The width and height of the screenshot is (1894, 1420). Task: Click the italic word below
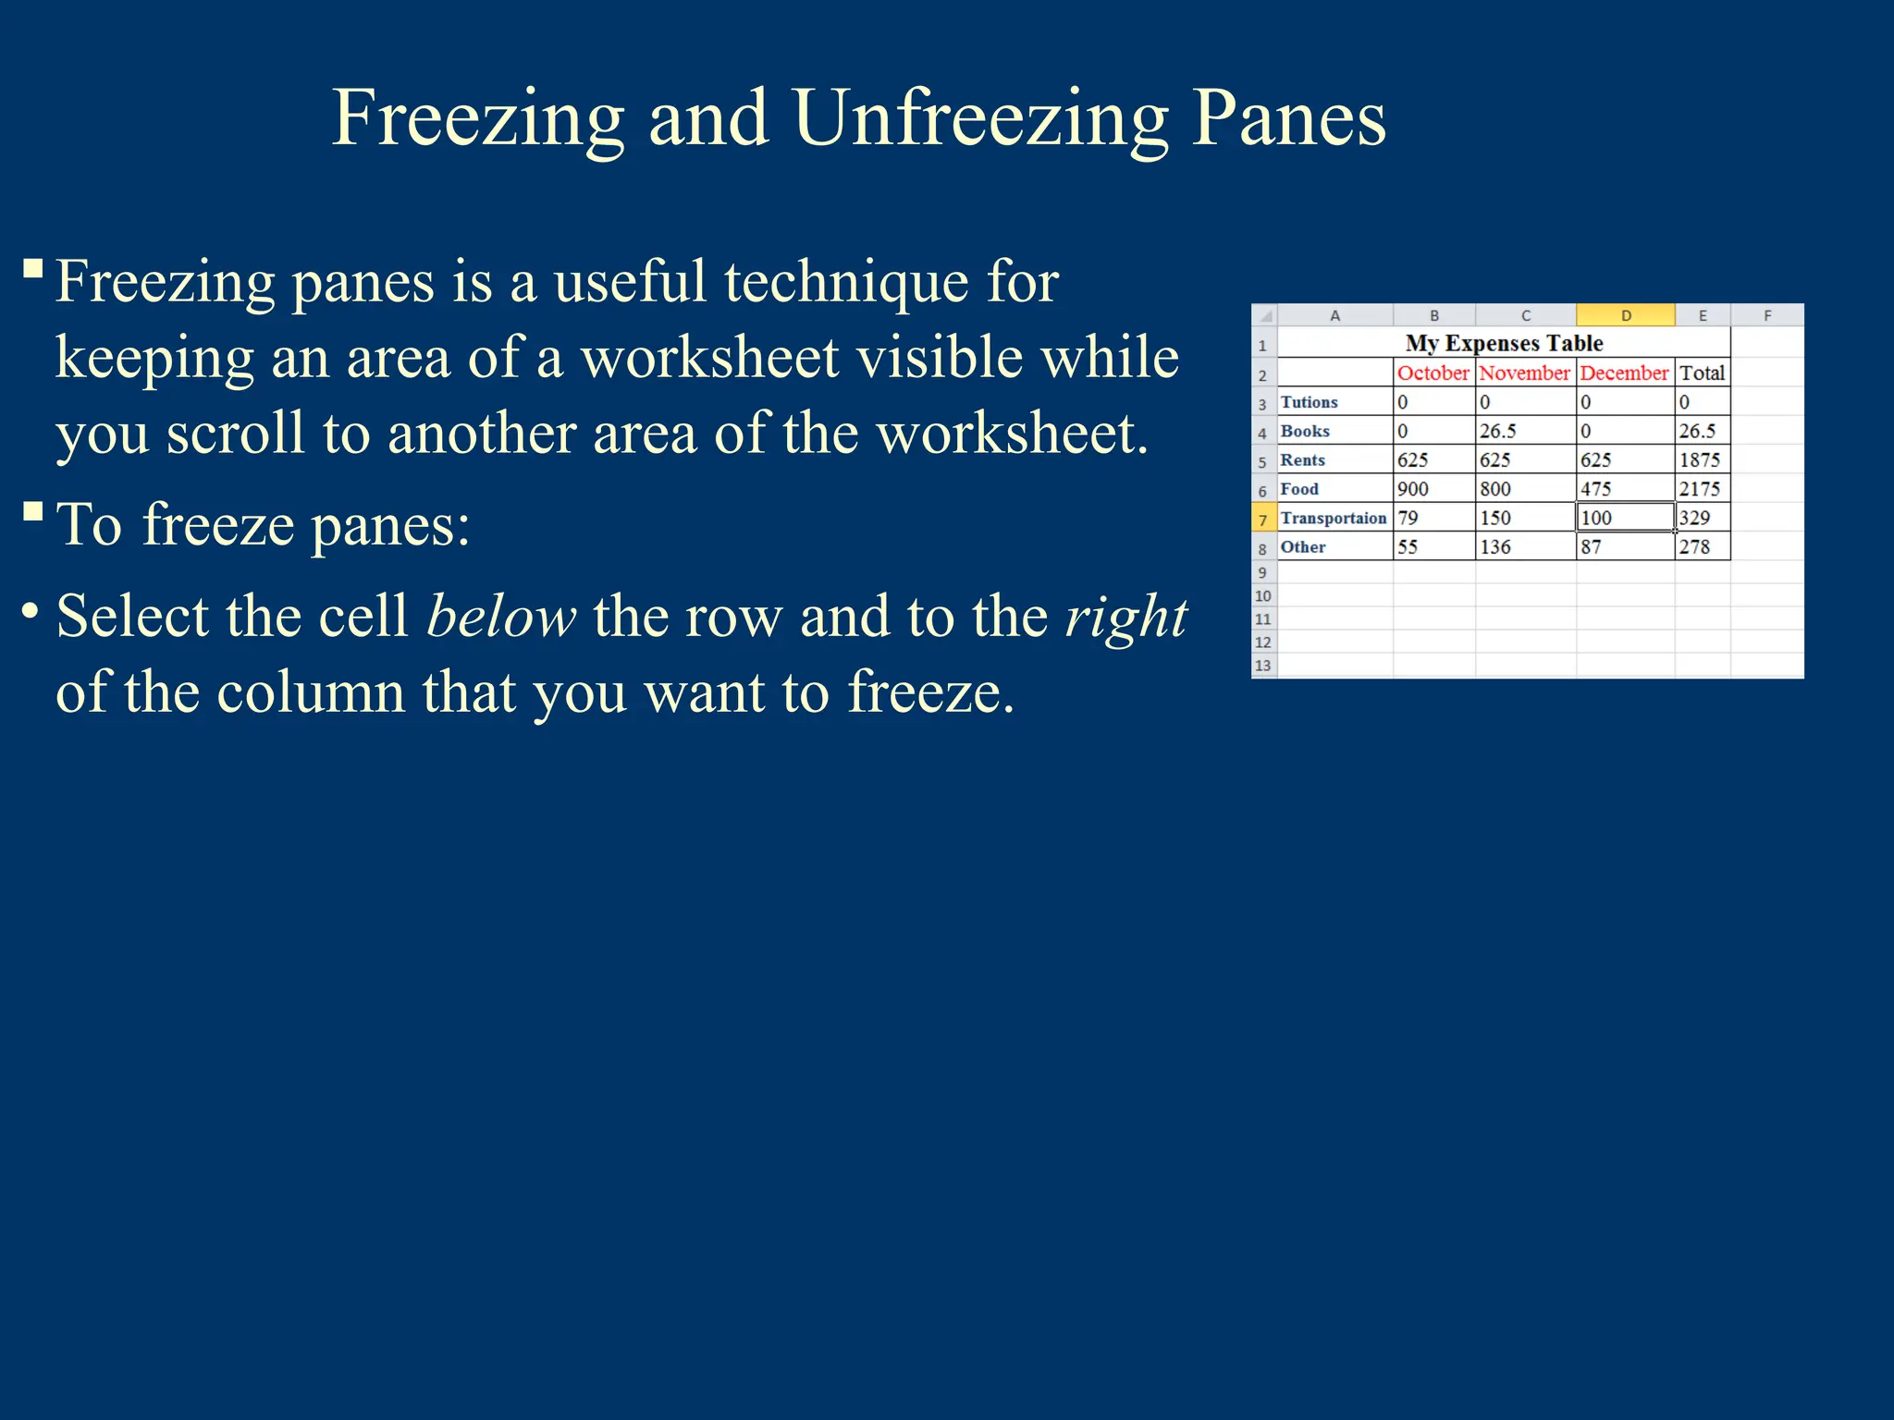point(501,617)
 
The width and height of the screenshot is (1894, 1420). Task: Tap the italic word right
point(1125,617)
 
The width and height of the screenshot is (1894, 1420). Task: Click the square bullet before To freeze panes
point(33,511)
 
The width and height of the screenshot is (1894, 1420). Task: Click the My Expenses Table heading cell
point(1504,343)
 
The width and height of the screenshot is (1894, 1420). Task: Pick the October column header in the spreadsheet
point(1433,373)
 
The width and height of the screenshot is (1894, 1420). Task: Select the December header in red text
point(1624,373)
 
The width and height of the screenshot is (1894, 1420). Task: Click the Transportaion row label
point(1333,518)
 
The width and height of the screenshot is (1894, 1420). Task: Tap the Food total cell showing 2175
point(1700,489)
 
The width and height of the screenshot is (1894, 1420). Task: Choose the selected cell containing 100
point(1624,518)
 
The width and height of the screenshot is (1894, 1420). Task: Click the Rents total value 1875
point(1700,459)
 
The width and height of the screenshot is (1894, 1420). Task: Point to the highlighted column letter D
point(1625,315)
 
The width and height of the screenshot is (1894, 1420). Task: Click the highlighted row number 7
point(1262,520)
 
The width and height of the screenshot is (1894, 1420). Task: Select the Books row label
point(1305,431)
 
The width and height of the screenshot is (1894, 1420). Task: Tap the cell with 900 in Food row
point(1413,489)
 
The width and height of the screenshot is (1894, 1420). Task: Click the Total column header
point(1702,373)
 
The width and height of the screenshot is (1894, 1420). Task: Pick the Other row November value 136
point(1495,546)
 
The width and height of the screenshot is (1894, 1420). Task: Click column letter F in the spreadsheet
point(1766,315)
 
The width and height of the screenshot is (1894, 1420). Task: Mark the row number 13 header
point(1262,666)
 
